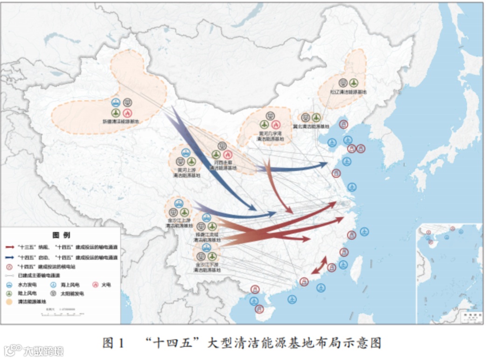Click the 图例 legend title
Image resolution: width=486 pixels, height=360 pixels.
point(61,235)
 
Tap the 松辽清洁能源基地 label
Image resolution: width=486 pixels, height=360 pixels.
point(349,92)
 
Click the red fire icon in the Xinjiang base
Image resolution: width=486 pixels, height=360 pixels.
point(128,112)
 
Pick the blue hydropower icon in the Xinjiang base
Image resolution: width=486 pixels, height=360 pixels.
point(116,102)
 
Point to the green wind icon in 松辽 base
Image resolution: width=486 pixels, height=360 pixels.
point(354,83)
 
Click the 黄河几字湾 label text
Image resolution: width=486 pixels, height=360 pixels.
point(270,133)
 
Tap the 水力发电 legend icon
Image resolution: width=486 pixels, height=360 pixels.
point(9,284)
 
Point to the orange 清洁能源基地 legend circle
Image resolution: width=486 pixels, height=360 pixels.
point(9,302)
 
